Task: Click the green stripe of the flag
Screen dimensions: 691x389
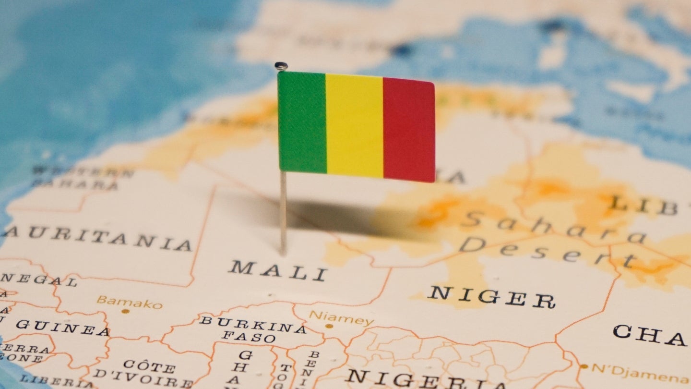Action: (302, 122)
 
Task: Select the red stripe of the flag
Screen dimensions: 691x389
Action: (409, 130)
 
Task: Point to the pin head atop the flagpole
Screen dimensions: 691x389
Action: (281, 66)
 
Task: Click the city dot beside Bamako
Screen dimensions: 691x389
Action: (125, 311)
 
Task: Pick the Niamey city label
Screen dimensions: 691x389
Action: (341, 318)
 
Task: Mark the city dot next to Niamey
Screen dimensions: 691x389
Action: (329, 326)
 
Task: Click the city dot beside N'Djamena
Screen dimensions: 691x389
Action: (584, 366)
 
